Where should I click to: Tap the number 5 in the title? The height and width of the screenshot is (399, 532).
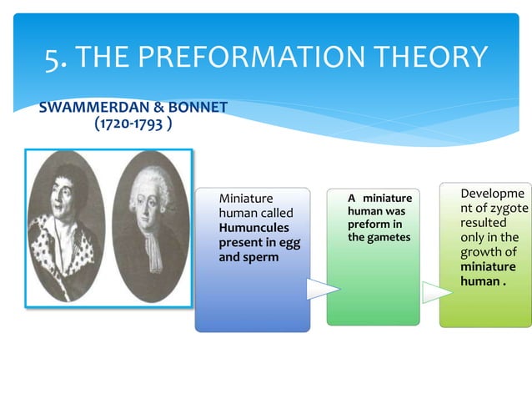(53, 57)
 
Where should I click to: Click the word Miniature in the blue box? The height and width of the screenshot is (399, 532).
(245, 199)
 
